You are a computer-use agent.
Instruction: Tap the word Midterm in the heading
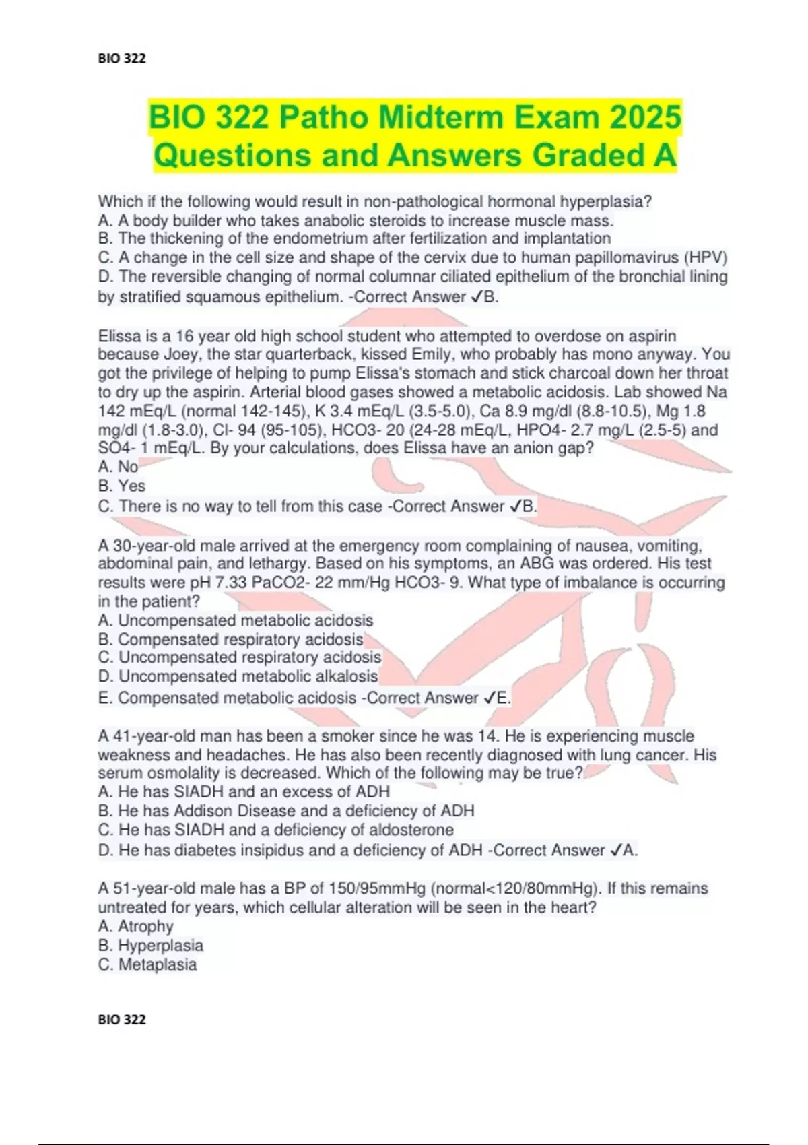click(x=440, y=117)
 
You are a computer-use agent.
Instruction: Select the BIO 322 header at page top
click(x=122, y=59)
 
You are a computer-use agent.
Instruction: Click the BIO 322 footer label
click(x=122, y=1020)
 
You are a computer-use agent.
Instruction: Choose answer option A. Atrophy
click(x=136, y=927)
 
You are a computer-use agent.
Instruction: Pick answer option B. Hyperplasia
click(x=151, y=946)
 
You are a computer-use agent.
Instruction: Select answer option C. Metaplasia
click(x=147, y=964)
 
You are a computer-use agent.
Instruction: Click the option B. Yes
click(x=122, y=486)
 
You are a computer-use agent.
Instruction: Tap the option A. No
click(x=119, y=467)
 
